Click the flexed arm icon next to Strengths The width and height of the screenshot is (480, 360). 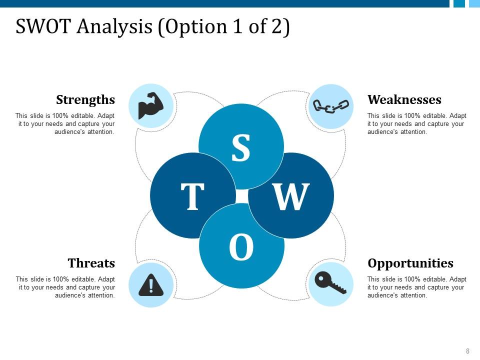tap(151, 105)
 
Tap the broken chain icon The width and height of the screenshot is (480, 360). tap(330, 106)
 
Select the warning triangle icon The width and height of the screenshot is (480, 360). tap(151, 285)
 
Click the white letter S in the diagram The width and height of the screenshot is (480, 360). tap(241, 148)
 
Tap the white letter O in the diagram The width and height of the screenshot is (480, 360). tap(241, 246)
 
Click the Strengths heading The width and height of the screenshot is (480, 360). tap(85, 100)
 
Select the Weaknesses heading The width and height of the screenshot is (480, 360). tap(404, 99)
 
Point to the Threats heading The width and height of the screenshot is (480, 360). tap(91, 263)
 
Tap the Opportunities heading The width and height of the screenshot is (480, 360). tap(410, 263)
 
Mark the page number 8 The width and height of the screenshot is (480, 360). tap(467, 351)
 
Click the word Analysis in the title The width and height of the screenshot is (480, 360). tap(114, 27)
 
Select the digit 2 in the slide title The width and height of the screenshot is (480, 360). tap(276, 26)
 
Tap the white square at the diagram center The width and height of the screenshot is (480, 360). tap(242, 196)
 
